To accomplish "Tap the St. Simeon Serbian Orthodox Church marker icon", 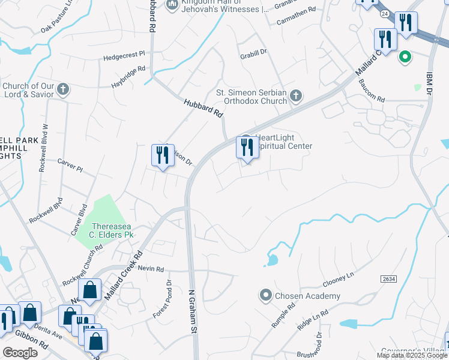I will (295, 95).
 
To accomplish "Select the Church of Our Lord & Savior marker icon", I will (64, 90).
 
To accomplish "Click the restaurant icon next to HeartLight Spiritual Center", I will (247, 147).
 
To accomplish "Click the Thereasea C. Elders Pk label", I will (112, 230).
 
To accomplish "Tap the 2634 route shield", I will (388, 279).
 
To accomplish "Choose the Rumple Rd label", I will (283, 314).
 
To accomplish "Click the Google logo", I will (20, 352).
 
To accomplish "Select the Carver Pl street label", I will (70, 166).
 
